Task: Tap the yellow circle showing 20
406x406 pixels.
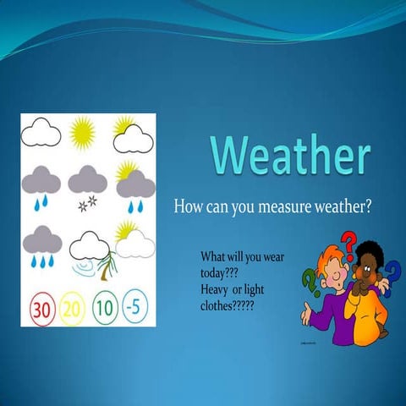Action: point(73,308)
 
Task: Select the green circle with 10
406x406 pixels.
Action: point(103,307)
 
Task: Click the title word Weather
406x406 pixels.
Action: point(290,156)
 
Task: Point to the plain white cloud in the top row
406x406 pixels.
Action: point(41,132)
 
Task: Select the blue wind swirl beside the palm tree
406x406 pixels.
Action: point(84,269)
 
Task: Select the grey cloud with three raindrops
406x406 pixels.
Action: point(41,245)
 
